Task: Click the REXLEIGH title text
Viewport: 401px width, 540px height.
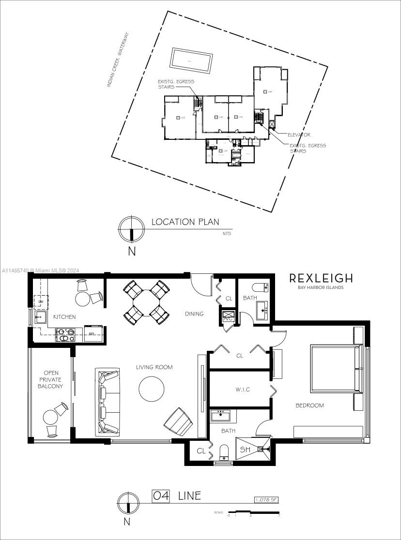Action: (321, 278)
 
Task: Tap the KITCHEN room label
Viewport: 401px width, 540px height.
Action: (64, 317)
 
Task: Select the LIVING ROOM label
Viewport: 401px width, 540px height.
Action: (154, 367)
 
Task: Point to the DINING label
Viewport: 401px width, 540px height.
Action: (194, 314)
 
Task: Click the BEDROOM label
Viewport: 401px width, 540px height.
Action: (309, 405)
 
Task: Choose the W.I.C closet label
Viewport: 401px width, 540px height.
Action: (242, 390)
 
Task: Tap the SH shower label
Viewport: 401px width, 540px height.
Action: (246, 450)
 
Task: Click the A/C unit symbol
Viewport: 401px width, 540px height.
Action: (228, 317)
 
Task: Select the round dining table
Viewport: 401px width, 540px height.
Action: (147, 302)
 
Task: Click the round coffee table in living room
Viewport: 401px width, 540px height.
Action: (152, 389)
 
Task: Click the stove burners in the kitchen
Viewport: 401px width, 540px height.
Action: (67, 332)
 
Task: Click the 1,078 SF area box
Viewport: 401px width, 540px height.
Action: (266, 500)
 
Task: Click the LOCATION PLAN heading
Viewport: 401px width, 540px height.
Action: (185, 222)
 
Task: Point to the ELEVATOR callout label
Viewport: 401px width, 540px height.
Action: (299, 135)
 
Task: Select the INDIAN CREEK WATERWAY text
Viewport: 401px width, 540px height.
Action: (118, 60)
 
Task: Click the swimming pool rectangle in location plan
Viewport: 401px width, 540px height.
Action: (191, 60)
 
